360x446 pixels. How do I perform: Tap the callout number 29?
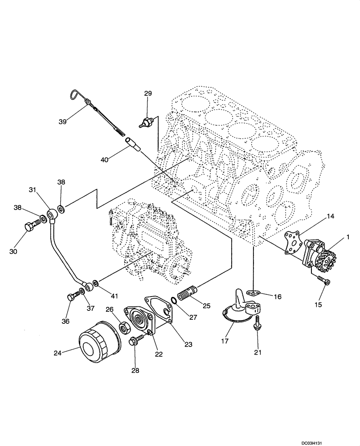[147, 94]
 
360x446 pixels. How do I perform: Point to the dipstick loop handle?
[75, 94]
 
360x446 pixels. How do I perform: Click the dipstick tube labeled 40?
[132, 145]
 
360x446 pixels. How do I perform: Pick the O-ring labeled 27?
[175, 301]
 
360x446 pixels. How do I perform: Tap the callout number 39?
[62, 121]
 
